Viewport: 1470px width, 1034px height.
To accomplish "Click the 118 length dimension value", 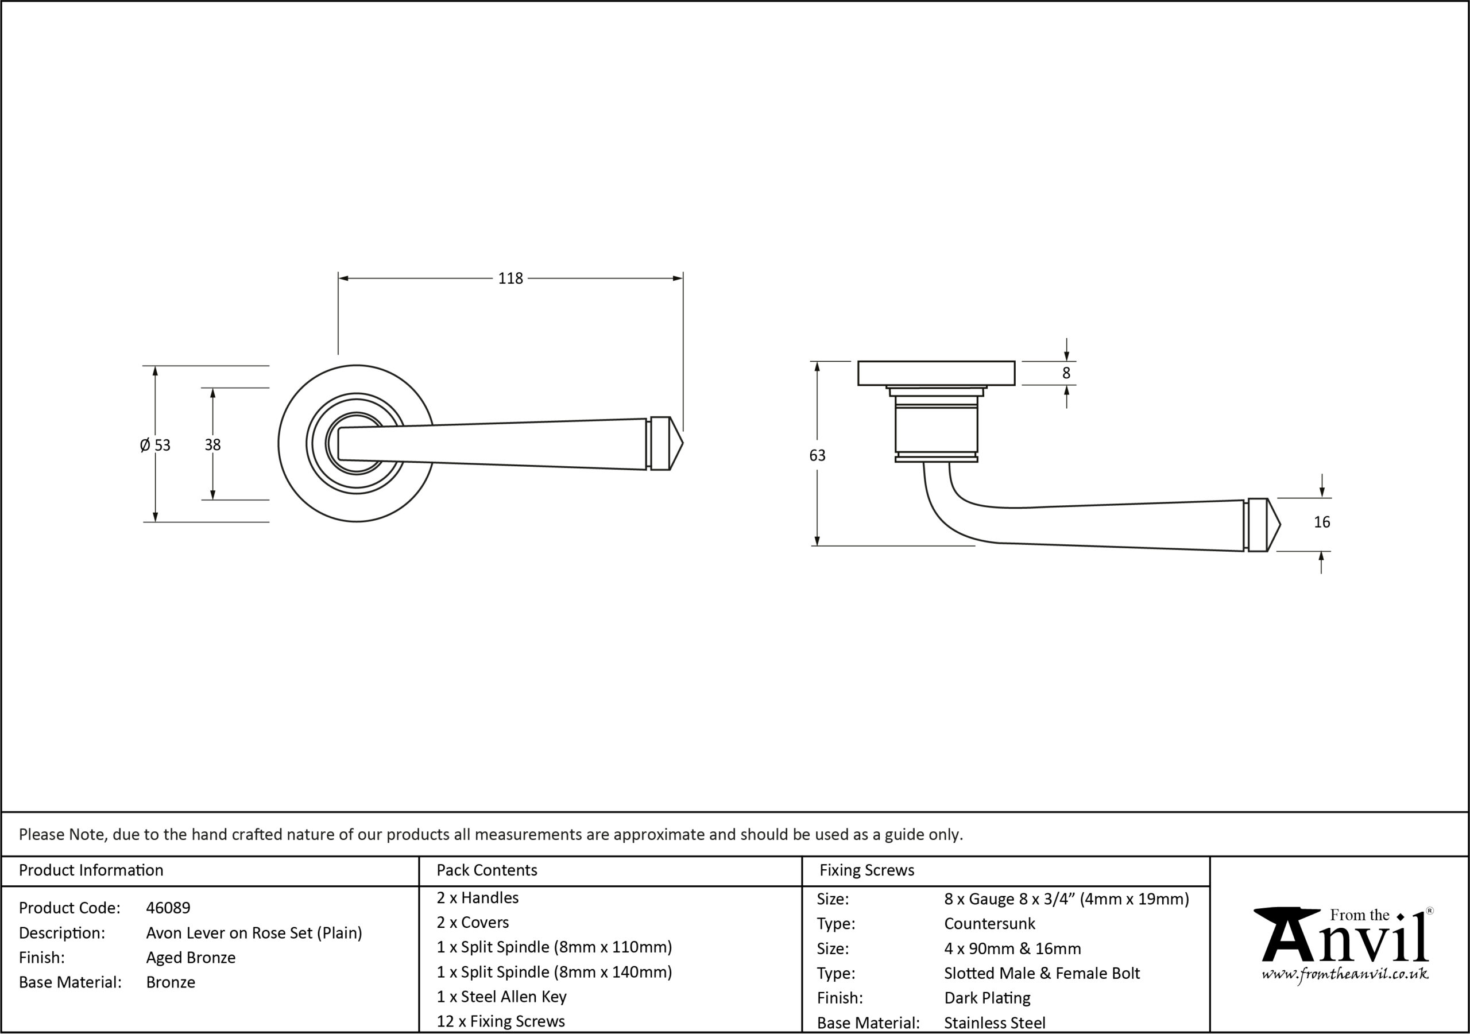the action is [510, 278].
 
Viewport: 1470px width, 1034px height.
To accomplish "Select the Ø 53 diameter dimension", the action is [155, 445].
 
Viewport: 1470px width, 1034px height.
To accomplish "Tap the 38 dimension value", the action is [212, 444].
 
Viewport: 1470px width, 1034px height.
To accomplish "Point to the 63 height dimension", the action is [817, 455].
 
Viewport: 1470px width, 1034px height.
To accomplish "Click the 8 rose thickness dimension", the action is [1066, 373].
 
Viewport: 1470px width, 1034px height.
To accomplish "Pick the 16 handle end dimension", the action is [1321, 522].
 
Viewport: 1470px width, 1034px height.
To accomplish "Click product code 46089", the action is [168, 908].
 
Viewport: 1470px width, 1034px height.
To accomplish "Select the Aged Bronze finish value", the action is [191, 958].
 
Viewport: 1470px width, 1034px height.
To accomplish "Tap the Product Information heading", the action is [91, 870].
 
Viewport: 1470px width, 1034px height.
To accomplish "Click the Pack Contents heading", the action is [486, 870].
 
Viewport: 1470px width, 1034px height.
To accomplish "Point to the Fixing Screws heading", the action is [867, 870].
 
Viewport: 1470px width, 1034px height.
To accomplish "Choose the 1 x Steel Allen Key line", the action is [501, 997].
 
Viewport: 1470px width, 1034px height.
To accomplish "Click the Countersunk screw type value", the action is [989, 924].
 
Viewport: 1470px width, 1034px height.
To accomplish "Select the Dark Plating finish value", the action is [987, 998].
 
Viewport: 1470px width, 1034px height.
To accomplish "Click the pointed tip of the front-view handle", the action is [683, 444].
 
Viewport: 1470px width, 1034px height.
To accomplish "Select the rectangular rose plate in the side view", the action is [936, 373].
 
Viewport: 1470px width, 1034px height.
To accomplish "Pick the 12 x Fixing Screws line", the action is [501, 1022].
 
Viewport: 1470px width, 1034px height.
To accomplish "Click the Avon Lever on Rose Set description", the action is [254, 933].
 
